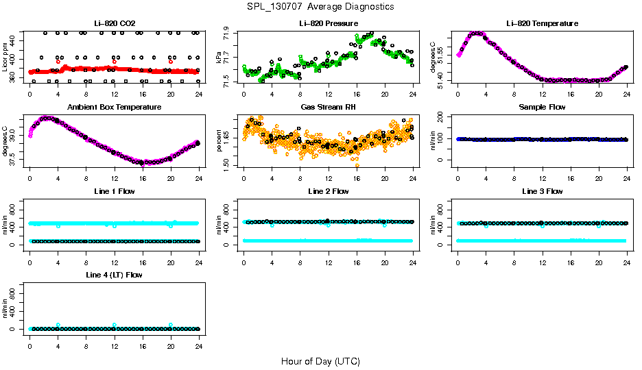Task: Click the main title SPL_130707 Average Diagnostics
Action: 321,6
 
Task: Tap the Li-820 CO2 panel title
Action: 114,24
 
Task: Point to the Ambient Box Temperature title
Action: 114,108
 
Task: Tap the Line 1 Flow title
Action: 114,191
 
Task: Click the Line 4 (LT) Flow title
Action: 114,275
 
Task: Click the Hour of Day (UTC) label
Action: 320,361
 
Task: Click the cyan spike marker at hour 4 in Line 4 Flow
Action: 58,325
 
